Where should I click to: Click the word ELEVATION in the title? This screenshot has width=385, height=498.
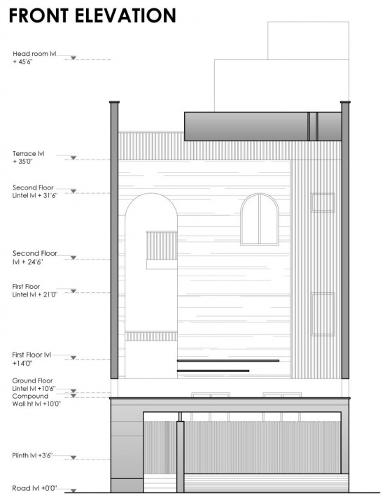pyautogui.click(x=125, y=15)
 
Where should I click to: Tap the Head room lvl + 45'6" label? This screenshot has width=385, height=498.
pyautogui.click(x=34, y=57)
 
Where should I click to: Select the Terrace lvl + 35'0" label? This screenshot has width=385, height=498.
pyautogui.click(x=28, y=157)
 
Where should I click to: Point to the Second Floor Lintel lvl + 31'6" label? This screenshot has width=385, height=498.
pyautogui.click(x=35, y=191)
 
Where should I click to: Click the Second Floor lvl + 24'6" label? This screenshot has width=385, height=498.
pyautogui.click(x=35, y=257)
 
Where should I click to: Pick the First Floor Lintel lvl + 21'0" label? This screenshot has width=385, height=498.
pyautogui.click(x=35, y=290)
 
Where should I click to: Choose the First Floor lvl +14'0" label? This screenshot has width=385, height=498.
pyautogui.click(x=31, y=359)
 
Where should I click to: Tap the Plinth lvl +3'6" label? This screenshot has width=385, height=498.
pyautogui.click(x=32, y=455)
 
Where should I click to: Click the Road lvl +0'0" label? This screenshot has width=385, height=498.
pyautogui.click(x=34, y=488)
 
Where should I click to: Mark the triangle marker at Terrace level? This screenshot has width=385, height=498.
pyautogui.click(x=73, y=158)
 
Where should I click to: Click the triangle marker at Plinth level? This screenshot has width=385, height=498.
pyautogui.click(x=73, y=457)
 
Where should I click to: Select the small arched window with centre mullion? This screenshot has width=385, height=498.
pyautogui.click(x=260, y=219)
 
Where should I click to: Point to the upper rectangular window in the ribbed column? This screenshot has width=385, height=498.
pyautogui.click(x=323, y=202)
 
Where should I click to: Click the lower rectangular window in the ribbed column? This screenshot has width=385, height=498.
pyautogui.click(x=323, y=314)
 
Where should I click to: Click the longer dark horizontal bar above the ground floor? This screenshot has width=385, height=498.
pyautogui.click(x=228, y=360)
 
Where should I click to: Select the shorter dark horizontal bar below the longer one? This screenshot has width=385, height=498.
pyautogui.click(x=213, y=371)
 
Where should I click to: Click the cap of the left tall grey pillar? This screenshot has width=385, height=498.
pyautogui.click(x=115, y=102)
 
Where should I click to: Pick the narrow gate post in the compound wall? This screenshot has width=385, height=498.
pyautogui.click(x=181, y=457)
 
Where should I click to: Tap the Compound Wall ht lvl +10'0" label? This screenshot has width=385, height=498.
pyautogui.click(x=36, y=400)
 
